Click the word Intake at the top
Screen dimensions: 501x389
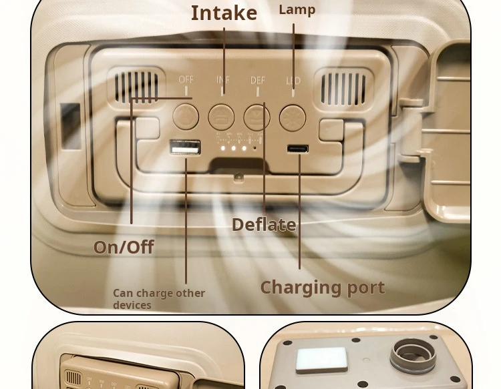point(224,13)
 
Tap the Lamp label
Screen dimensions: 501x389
point(297,9)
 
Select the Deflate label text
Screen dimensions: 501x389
point(263,225)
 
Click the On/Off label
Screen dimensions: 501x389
point(124,247)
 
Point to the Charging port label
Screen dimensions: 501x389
point(322,288)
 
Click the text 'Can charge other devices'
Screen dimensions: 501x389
point(158,298)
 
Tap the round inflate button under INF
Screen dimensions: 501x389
point(221,117)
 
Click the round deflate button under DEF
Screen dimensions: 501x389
point(257,117)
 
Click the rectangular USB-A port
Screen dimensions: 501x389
point(185,147)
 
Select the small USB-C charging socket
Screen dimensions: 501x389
point(297,149)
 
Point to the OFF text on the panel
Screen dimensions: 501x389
point(186,79)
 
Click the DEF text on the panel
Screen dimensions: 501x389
point(258,80)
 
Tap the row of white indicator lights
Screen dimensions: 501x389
point(234,147)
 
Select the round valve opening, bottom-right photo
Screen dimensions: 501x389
point(413,354)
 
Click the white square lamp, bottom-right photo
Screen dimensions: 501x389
point(321,360)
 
